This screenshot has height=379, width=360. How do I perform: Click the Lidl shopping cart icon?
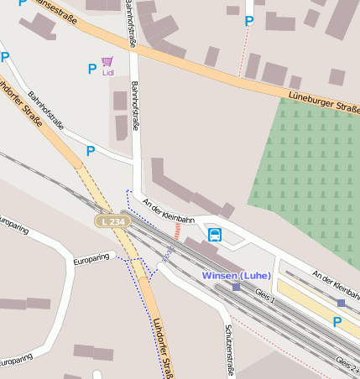(x=107, y=61)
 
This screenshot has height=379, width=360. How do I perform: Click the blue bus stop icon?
(x=215, y=235)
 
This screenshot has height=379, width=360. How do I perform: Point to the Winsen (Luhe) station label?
(x=237, y=275)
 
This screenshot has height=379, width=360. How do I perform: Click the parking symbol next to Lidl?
(x=91, y=69)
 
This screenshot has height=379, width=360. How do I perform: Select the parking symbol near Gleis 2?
(x=337, y=322)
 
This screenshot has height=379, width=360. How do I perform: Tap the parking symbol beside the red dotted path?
(x=248, y=22)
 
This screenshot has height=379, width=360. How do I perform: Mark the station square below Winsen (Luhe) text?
(x=237, y=287)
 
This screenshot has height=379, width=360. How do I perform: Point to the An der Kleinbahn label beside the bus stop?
(x=169, y=210)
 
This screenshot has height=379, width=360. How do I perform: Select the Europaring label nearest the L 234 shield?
(x=92, y=257)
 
